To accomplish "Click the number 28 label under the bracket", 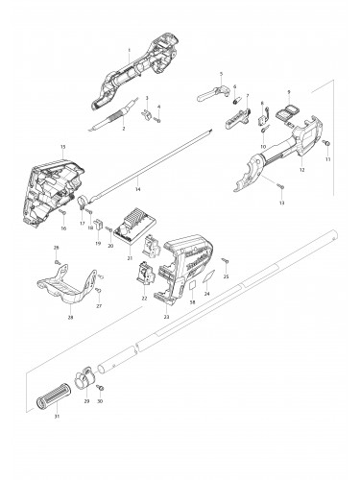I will point(70,317).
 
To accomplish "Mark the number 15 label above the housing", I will point(63,147).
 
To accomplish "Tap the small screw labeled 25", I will point(225,260).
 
